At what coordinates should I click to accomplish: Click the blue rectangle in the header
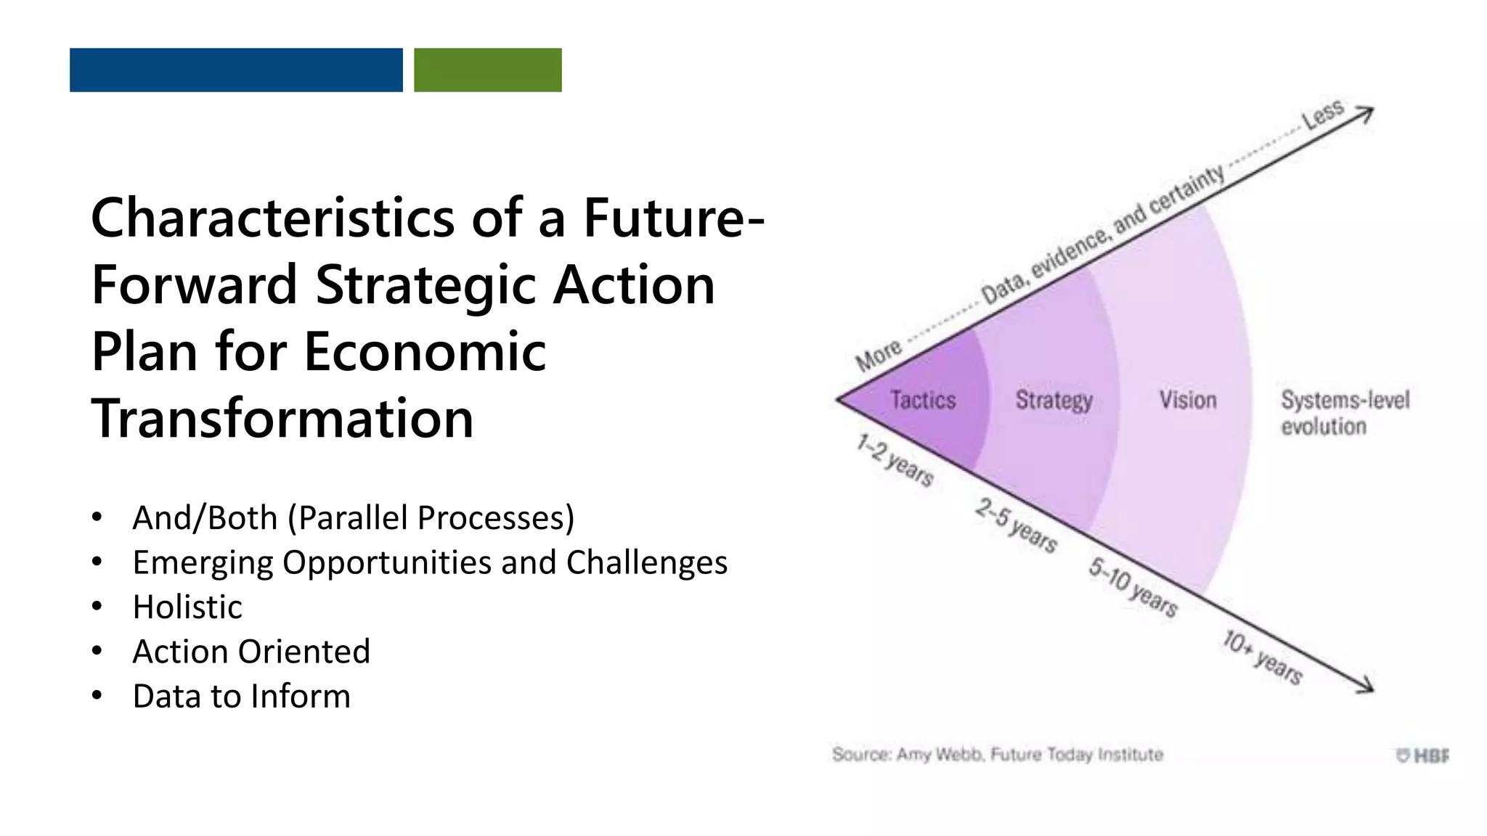point(236,70)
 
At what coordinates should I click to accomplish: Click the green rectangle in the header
point(487,70)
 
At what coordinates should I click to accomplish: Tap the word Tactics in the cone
point(923,400)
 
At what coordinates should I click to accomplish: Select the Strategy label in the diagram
point(1054,400)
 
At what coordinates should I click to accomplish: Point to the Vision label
point(1187,400)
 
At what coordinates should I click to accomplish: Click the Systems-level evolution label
point(1344,412)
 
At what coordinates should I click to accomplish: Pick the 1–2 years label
point(895,460)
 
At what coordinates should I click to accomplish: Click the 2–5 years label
point(1016,525)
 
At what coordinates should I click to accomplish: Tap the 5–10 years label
point(1133,587)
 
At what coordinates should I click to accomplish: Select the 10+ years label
point(1262,657)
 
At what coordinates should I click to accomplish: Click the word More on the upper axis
point(879,355)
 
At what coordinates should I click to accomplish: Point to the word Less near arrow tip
point(1322,115)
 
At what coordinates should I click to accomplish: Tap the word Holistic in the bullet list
point(187,607)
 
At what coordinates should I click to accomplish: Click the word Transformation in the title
point(282,419)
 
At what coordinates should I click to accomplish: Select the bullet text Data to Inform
point(241,696)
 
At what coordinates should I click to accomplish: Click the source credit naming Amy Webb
point(997,755)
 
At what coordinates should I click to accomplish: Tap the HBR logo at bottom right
point(1422,755)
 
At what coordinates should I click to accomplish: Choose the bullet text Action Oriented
point(251,651)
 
